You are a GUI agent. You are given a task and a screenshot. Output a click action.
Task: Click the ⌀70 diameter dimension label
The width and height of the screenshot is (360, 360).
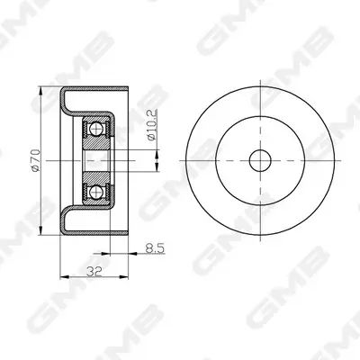click(36, 160)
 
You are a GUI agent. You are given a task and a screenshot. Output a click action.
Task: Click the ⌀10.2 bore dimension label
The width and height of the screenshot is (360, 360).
click(152, 125)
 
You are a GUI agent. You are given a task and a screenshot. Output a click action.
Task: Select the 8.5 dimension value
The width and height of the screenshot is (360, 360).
click(155, 248)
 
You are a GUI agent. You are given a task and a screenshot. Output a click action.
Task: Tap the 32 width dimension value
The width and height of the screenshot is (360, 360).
click(94, 272)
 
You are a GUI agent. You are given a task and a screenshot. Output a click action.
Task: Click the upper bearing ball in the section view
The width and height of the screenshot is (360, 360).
click(96, 130)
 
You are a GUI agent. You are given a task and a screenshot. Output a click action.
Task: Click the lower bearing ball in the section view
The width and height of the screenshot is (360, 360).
click(96, 192)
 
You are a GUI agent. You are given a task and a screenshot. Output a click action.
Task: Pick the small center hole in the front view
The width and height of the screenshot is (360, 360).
click(260, 160)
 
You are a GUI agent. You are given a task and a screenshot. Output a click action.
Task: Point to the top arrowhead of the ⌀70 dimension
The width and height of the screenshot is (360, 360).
click(40, 91)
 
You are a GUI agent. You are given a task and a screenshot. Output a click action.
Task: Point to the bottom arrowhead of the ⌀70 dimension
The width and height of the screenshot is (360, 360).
click(40, 230)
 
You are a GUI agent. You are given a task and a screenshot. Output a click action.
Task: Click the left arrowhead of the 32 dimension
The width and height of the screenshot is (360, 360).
click(65, 277)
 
